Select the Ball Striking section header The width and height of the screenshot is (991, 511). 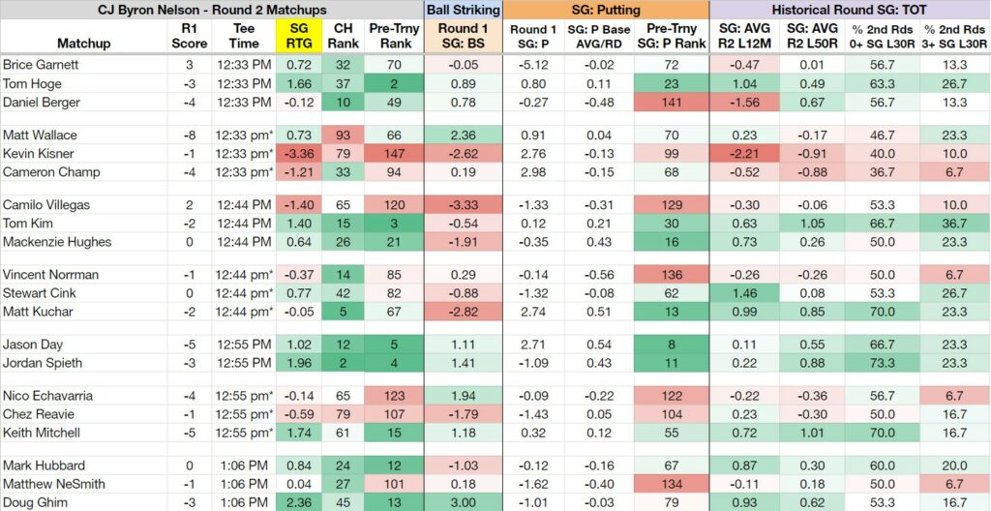coord(464,10)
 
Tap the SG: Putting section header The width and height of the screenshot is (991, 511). coord(606,10)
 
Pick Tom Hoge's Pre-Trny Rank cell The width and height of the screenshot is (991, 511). coord(396,84)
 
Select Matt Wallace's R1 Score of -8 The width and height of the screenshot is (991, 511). coord(190,135)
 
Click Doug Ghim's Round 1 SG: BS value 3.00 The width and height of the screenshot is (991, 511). coord(464,503)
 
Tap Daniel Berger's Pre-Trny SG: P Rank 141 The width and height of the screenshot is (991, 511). coord(671,103)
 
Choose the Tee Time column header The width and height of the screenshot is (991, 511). coord(244,36)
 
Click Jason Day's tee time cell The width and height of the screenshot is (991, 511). coord(244,345)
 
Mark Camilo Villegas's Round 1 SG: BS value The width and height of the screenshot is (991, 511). coord(464,205)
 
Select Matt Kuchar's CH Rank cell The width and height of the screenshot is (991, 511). coord(342,312)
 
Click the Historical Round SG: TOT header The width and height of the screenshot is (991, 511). coord(850,10)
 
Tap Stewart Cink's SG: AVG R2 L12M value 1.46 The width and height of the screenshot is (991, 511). coord(744,293)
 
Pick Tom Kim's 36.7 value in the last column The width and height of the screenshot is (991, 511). coord(954,224)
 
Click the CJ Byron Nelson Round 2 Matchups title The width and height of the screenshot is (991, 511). coord(212,10)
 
